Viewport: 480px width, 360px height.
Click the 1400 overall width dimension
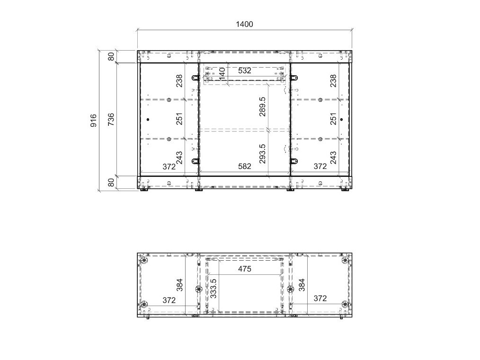click(244, 24)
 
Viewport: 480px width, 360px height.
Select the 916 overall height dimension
click(93, 121)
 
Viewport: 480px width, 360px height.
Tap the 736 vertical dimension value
click(111, 119)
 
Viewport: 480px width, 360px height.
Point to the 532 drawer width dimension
click(245, 70)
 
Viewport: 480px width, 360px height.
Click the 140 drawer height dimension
click(222, 74)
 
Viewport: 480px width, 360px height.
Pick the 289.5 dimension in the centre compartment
click(262, 107)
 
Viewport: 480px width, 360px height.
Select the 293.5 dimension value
click(262, 154)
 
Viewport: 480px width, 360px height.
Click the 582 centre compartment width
click(245, 167)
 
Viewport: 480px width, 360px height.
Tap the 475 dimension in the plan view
click(245, 269)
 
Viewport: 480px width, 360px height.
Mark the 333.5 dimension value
click(213, 288)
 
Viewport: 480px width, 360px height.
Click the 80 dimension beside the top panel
click(111, 57)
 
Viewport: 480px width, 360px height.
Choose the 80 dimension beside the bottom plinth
click(111, 182)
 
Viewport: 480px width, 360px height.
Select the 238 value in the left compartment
click(179, 81)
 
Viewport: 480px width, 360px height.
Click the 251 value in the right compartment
click(333, 119)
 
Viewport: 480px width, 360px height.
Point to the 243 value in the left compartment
click(179, 158)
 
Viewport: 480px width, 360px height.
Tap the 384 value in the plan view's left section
click(179, 285)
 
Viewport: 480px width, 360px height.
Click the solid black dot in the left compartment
click(148, 120)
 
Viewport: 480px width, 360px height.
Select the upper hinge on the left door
click(196, 78)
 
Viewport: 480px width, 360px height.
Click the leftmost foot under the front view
click(144, 190)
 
